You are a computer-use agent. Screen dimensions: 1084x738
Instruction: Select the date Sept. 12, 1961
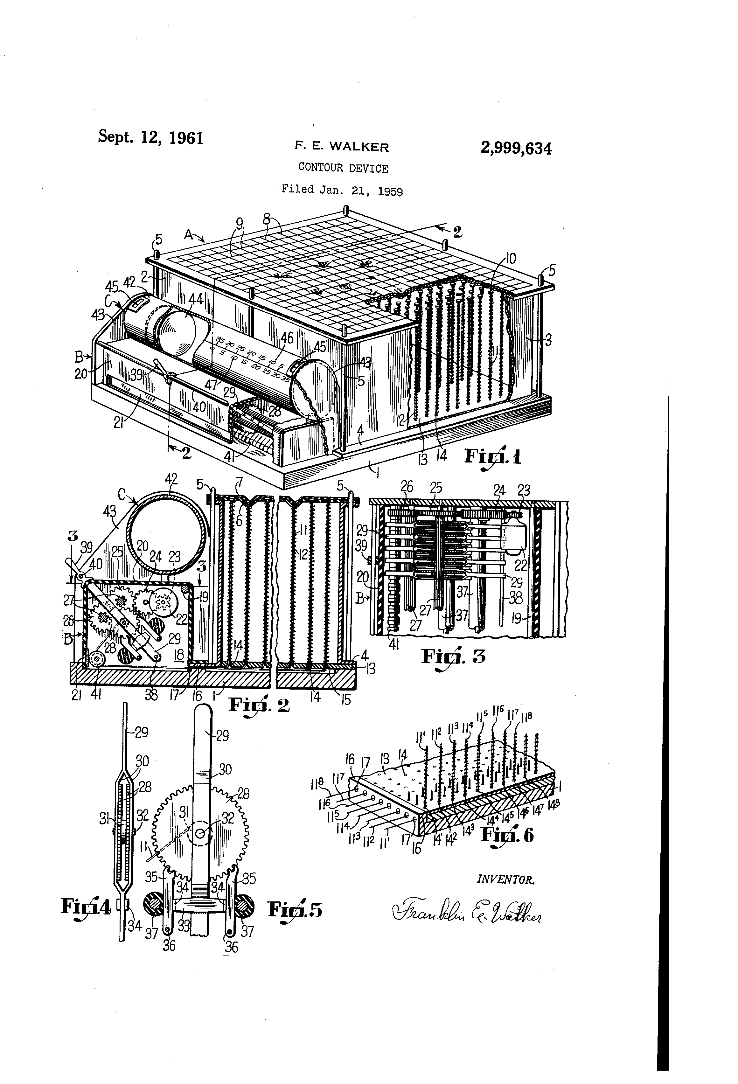point(151,138)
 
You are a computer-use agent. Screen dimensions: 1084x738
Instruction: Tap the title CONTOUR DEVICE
point(343,168)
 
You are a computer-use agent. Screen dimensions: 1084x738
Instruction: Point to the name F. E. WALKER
point(341,147)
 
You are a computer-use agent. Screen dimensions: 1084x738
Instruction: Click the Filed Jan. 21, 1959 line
point(342,190)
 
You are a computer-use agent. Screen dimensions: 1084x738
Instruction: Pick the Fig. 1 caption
point(492,456)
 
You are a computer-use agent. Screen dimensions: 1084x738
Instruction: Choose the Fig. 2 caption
point(259,704)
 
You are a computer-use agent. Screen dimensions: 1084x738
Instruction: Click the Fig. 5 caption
point(295,909)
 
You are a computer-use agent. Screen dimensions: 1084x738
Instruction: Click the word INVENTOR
point(506,880)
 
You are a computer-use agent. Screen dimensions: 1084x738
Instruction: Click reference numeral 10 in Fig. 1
point(511,258)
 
